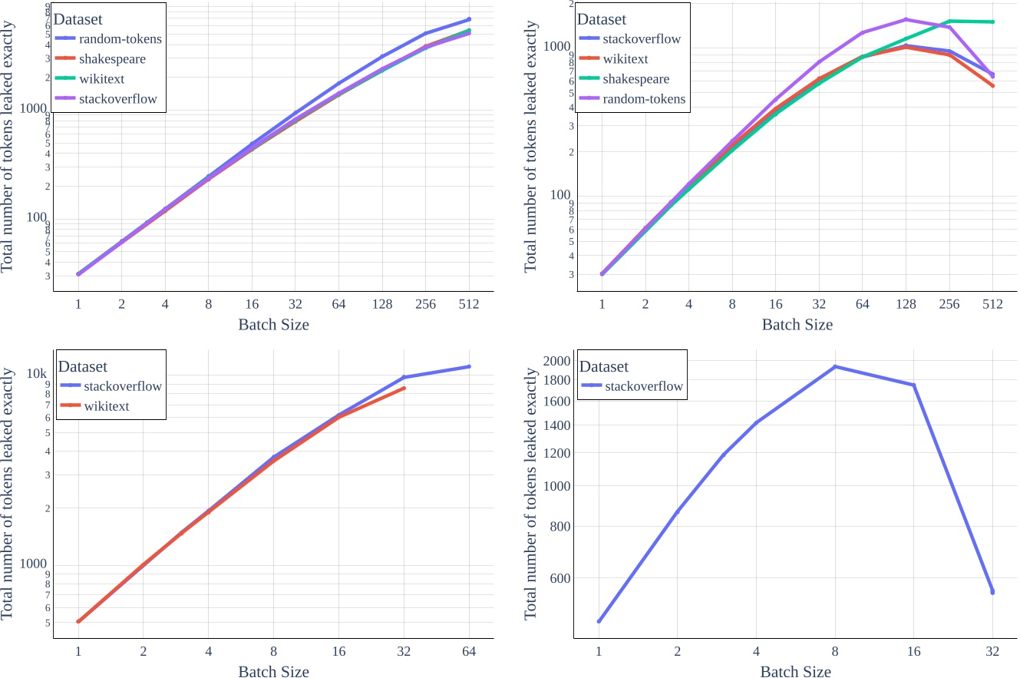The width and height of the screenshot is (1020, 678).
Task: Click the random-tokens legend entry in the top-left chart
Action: pos(120,38)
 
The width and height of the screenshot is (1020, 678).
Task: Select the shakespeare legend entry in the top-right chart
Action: pos(636,79)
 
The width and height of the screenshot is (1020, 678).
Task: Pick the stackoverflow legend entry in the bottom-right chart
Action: pos(644,386)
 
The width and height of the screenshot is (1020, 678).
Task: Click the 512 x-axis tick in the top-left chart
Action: pos(469,304)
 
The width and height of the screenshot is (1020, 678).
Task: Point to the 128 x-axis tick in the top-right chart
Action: pos(906,304)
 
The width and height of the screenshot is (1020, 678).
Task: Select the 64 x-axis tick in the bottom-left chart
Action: pos(469,652)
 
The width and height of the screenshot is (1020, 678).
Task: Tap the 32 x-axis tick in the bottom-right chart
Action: pos(992,652)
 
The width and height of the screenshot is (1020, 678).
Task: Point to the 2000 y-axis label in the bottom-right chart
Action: pos(557,361)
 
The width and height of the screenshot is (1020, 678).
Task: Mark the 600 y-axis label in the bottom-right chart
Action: pos(560,578)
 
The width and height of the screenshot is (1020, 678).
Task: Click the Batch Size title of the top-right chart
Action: pos(797,325)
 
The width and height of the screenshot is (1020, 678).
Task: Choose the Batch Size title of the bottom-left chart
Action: pos(273,672)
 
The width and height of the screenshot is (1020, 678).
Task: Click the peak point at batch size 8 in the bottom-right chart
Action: pos(835,366)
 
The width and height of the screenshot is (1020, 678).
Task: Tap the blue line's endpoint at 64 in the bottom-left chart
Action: pos(469,366)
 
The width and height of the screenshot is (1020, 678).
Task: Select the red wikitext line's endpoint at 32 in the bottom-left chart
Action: pos(404,388)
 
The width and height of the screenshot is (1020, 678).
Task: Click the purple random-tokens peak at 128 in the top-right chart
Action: pos(906,19)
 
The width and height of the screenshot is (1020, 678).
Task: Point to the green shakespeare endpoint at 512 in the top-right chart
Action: pos(992,21)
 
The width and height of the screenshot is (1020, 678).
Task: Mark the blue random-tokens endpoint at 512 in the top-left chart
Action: pos(469,19)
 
